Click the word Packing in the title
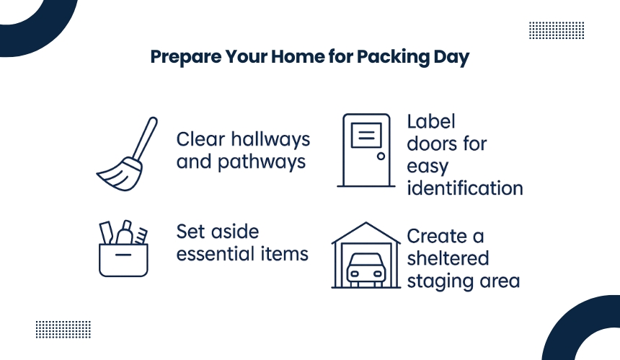click(393, 57)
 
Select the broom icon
click(127, 154)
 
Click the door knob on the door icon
click(381, 156)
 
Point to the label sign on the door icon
click(366, 136)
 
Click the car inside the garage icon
click(366, 270)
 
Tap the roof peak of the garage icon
click(366, 223)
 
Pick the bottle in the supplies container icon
click(125, 232)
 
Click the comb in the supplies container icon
click(141, 235)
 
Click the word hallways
click(270, 140)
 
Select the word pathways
click(262, 162)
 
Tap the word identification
click(465, 188)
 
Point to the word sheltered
click(448, 258)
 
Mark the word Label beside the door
click(431, 121)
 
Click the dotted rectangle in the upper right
click(557, 30)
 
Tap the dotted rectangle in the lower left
click(63, 330)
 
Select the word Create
click(437, 236)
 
